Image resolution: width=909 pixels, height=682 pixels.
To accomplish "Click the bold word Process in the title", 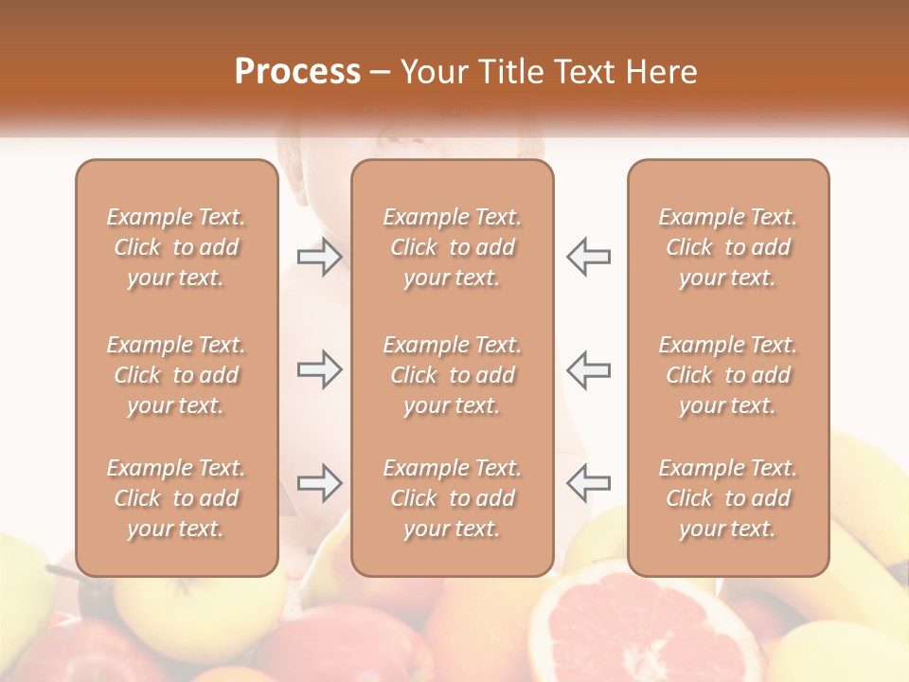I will click(297, 72).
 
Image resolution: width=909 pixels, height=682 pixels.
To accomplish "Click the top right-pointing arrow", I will click(319, 257).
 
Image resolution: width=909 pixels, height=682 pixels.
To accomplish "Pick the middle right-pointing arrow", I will click(319, 369).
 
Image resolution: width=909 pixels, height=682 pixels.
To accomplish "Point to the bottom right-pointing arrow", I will click(319, 483).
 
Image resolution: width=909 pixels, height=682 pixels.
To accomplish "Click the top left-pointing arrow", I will click(589, 257).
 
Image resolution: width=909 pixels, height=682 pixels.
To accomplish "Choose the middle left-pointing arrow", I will click(589, 369).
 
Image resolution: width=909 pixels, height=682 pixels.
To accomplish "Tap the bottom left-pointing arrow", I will click(589, 483).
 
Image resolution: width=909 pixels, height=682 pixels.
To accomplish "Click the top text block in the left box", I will click(176, 247).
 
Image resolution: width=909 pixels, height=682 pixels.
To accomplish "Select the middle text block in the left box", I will click(176, 375).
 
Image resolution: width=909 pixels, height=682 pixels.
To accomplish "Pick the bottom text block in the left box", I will click(176, 498).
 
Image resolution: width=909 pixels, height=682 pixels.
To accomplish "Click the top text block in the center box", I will click(453, 247).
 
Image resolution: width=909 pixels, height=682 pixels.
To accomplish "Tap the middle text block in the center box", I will click(453, 375).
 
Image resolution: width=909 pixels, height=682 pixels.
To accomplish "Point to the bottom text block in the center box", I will click(453, 498).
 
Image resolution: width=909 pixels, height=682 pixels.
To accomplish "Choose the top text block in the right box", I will click(728, 247).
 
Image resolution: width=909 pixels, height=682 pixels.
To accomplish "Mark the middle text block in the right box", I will click(728, 375).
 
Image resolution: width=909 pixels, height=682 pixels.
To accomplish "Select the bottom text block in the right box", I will click(728, 498).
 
